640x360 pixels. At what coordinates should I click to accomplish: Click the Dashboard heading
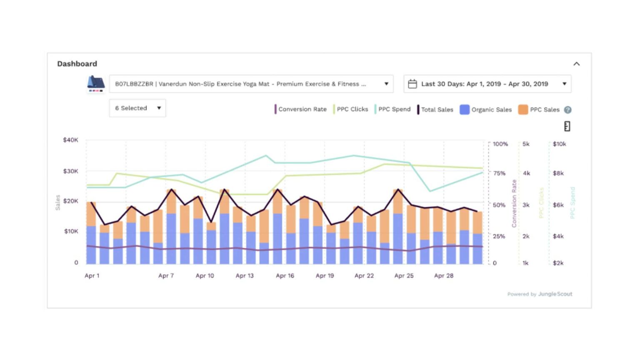[77, 64]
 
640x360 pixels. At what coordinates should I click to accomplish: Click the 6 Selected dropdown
[137, 108]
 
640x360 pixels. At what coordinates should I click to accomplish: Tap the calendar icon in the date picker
[412, 84]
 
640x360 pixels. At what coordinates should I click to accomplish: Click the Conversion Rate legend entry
[301, 109]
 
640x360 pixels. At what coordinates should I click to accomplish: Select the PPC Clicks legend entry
[351, 109]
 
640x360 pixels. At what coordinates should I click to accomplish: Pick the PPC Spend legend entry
[393, 109]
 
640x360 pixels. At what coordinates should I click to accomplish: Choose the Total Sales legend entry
[435, 110]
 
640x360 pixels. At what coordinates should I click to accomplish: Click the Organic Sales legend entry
[486, 110]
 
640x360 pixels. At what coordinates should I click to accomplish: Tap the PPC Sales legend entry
[540, 110]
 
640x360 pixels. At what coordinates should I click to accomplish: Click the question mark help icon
[567, 110]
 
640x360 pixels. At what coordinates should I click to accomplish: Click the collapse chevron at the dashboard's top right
[576, 64]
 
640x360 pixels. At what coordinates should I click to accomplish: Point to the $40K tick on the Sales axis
[70, 140]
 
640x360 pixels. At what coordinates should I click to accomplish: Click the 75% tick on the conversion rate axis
[499, 173]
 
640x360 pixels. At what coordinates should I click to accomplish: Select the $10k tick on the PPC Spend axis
[559, 144]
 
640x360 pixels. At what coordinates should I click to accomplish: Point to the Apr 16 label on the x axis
[285, 275]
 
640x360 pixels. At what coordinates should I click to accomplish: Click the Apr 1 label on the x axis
[92, 275]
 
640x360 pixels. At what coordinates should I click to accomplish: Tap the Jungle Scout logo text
[555, 294]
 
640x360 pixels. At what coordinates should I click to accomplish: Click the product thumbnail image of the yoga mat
[96, 84]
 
